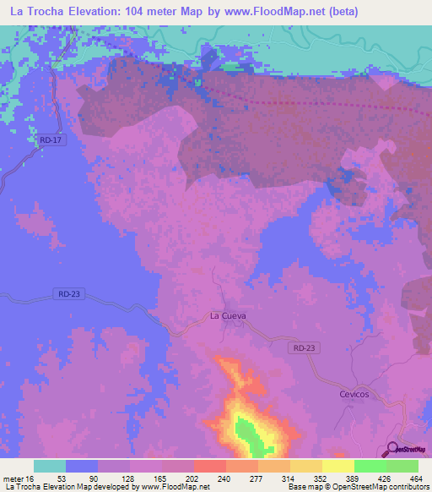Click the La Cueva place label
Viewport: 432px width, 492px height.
(x=228, y=315)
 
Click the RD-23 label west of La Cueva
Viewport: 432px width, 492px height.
(x=71, y=293)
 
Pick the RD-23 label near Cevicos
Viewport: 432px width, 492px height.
(x=304, y=347)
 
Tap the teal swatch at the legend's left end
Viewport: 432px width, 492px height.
(x=50, y=466)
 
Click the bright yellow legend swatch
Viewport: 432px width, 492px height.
(x=337, y=466)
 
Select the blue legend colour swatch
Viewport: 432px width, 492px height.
(x=82, y=466)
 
